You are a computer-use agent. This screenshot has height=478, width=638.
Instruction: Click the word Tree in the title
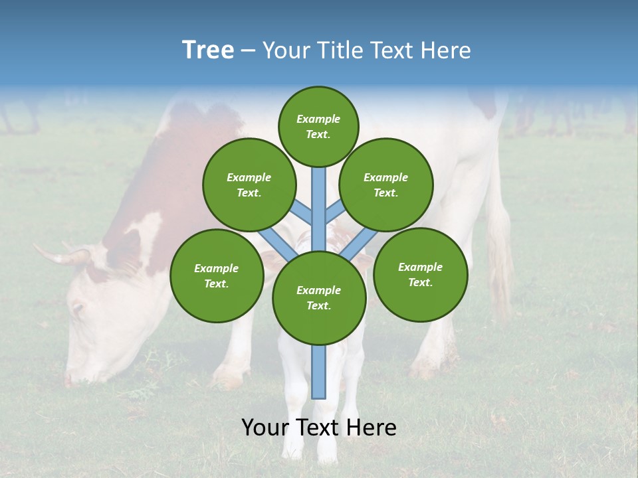208,50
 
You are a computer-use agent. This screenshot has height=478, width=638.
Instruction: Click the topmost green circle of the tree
318,126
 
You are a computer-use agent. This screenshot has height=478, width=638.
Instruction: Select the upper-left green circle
249,185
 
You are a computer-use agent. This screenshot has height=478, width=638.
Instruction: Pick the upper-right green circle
386,185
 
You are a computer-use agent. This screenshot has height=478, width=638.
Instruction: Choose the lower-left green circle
217,276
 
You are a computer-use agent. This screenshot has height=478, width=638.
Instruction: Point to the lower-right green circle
420,274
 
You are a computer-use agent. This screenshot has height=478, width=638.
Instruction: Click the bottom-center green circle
319,297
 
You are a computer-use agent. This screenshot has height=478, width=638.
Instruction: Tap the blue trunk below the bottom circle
319,372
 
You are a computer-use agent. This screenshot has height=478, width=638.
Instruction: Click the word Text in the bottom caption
319,428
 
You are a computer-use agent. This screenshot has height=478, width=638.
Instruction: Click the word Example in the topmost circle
318,119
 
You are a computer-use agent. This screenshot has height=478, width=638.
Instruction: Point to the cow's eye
78,309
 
